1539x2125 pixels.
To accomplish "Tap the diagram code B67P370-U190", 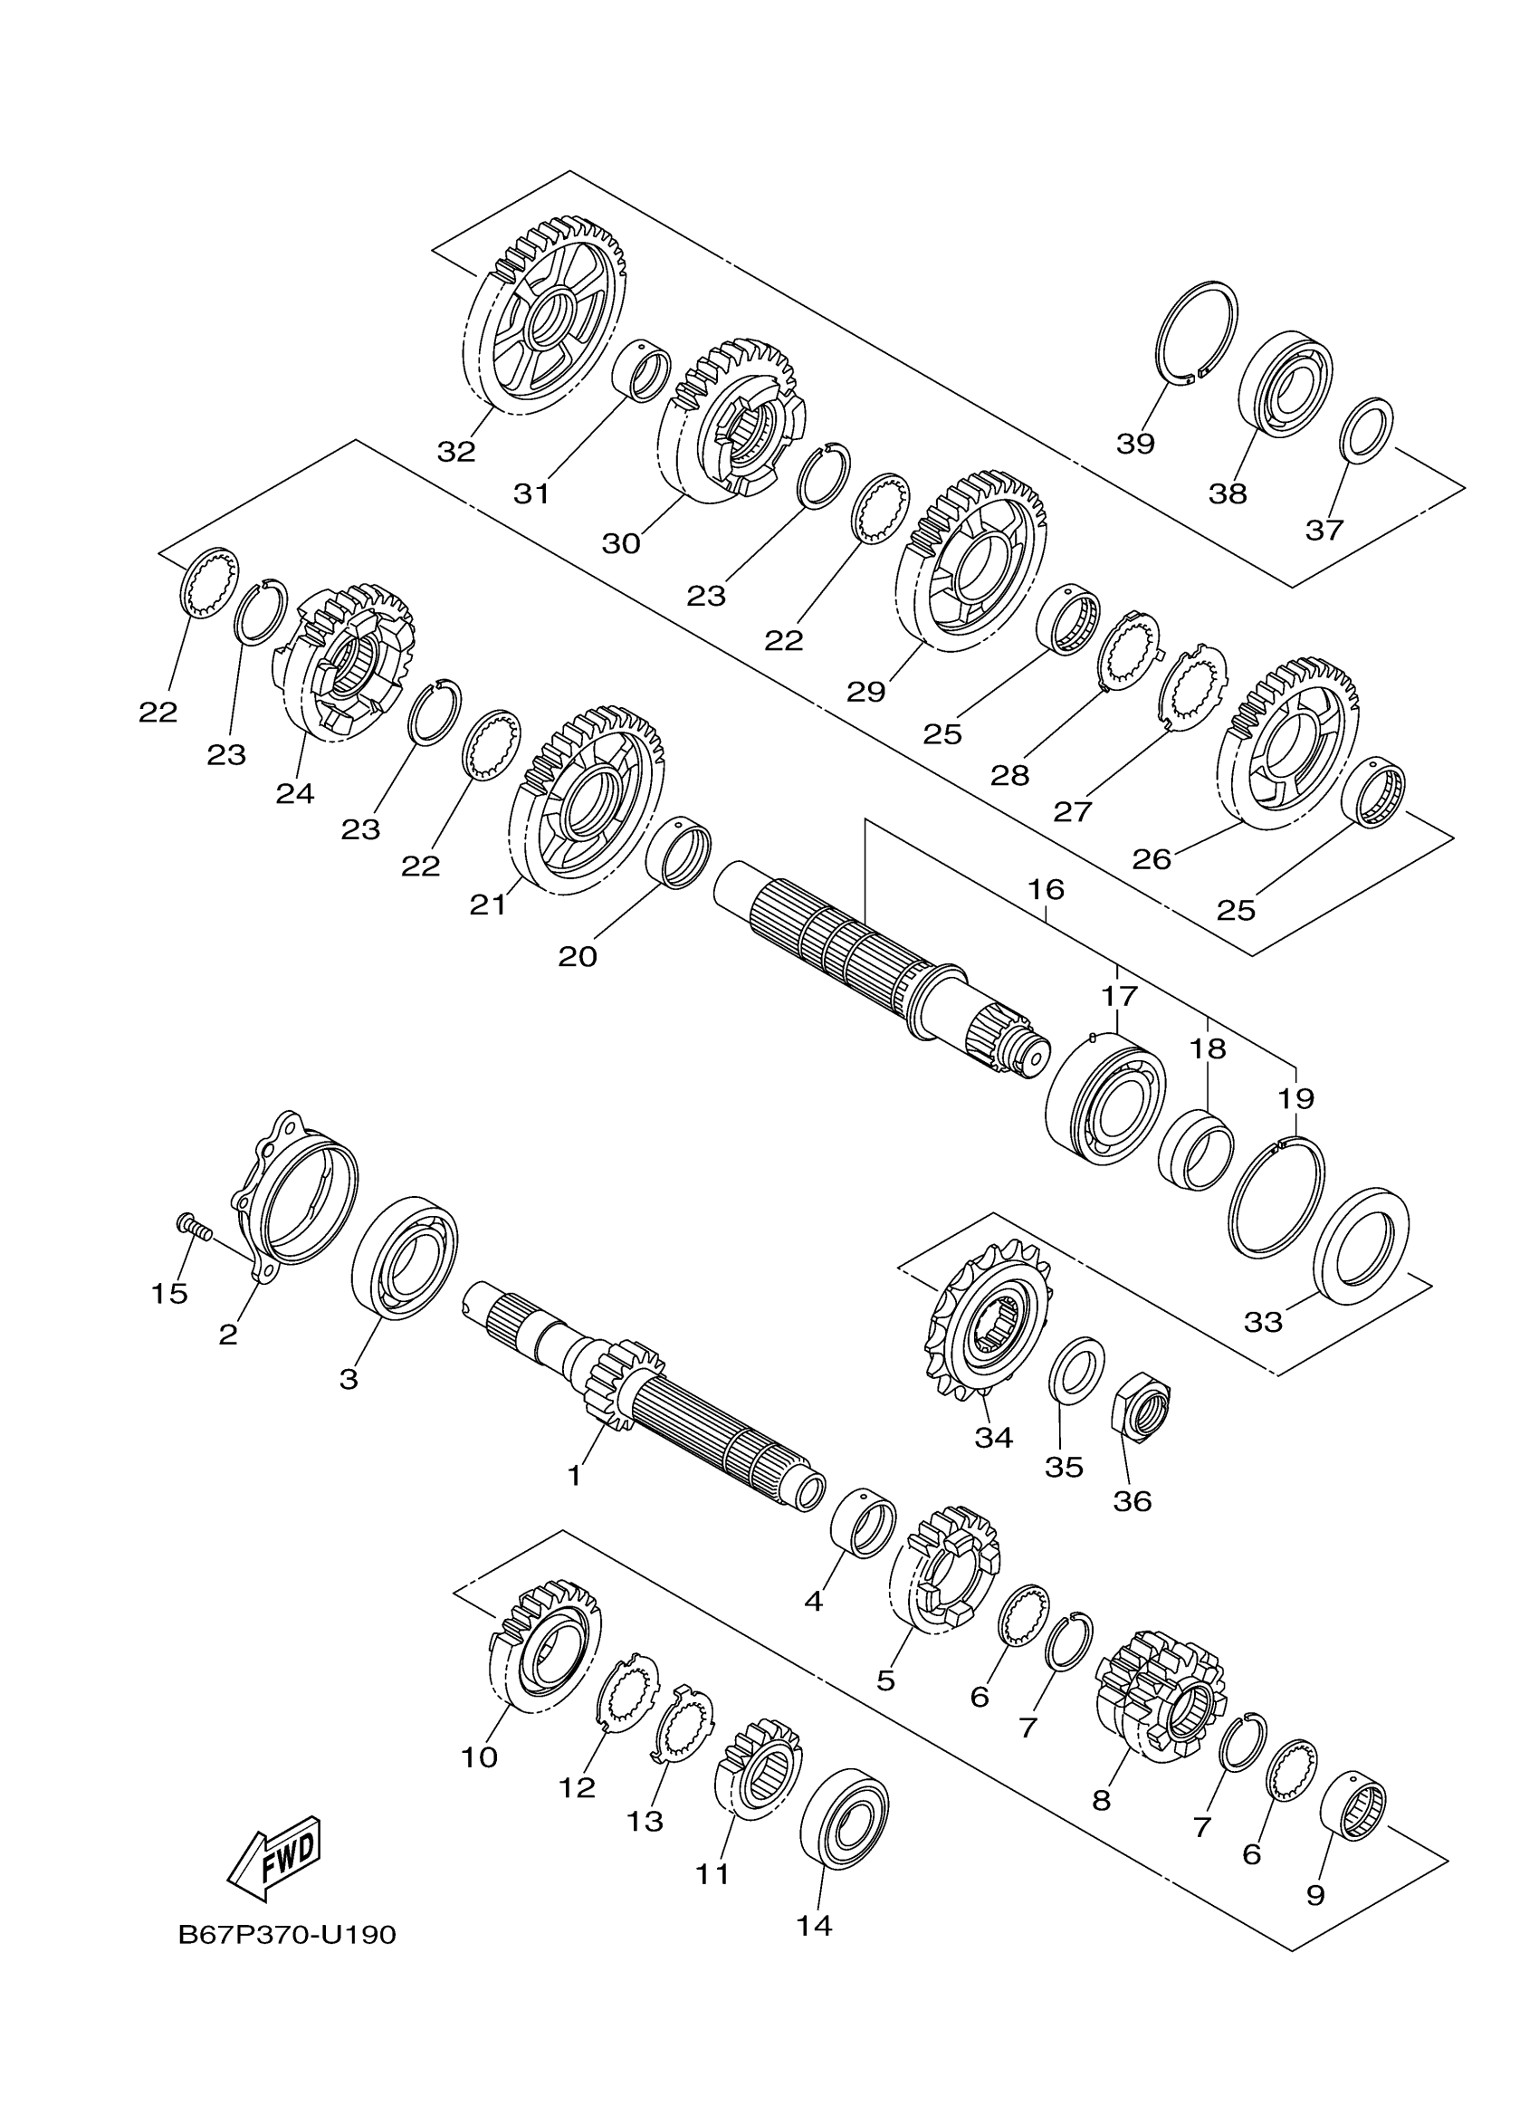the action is [287, 1935].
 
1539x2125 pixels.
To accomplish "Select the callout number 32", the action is [456, 452].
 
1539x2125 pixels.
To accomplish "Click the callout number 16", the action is [1046, 889].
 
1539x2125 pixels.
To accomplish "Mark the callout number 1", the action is [574, 1476].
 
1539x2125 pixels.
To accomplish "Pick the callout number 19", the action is [1295, 1098].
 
